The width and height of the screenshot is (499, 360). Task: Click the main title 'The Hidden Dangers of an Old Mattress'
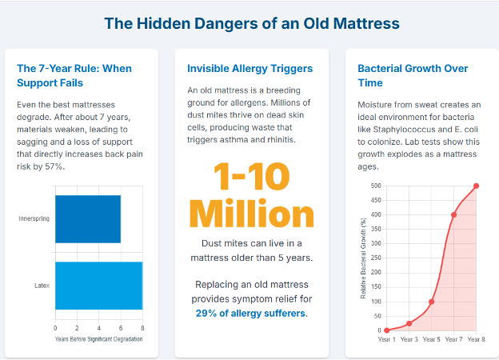tap(252, 23)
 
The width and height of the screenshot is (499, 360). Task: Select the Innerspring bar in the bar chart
tap(87, 218)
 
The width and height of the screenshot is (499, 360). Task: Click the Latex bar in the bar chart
tap(98, 285)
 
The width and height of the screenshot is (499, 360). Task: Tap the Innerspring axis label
tap(34, 218)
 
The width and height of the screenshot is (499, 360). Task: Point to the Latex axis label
tap(42, 285)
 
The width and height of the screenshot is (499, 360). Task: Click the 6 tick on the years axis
tap(121, 328)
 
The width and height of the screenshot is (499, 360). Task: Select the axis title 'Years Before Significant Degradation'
tap(98, 340)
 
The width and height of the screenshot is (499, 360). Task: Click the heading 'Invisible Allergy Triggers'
tap(249, 68)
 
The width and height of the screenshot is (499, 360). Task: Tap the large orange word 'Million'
tap(250, 215)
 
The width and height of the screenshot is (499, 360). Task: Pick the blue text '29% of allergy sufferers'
tap(250, 313)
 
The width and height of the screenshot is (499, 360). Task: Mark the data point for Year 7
tap(453, 214)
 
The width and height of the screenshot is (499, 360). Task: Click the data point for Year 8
tap(476, 186)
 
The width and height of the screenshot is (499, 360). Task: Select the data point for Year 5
tap(431, 302)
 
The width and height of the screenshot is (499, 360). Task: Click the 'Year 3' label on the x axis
tap(409, 340)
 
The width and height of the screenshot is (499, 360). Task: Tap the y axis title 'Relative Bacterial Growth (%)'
tap(363, 258)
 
